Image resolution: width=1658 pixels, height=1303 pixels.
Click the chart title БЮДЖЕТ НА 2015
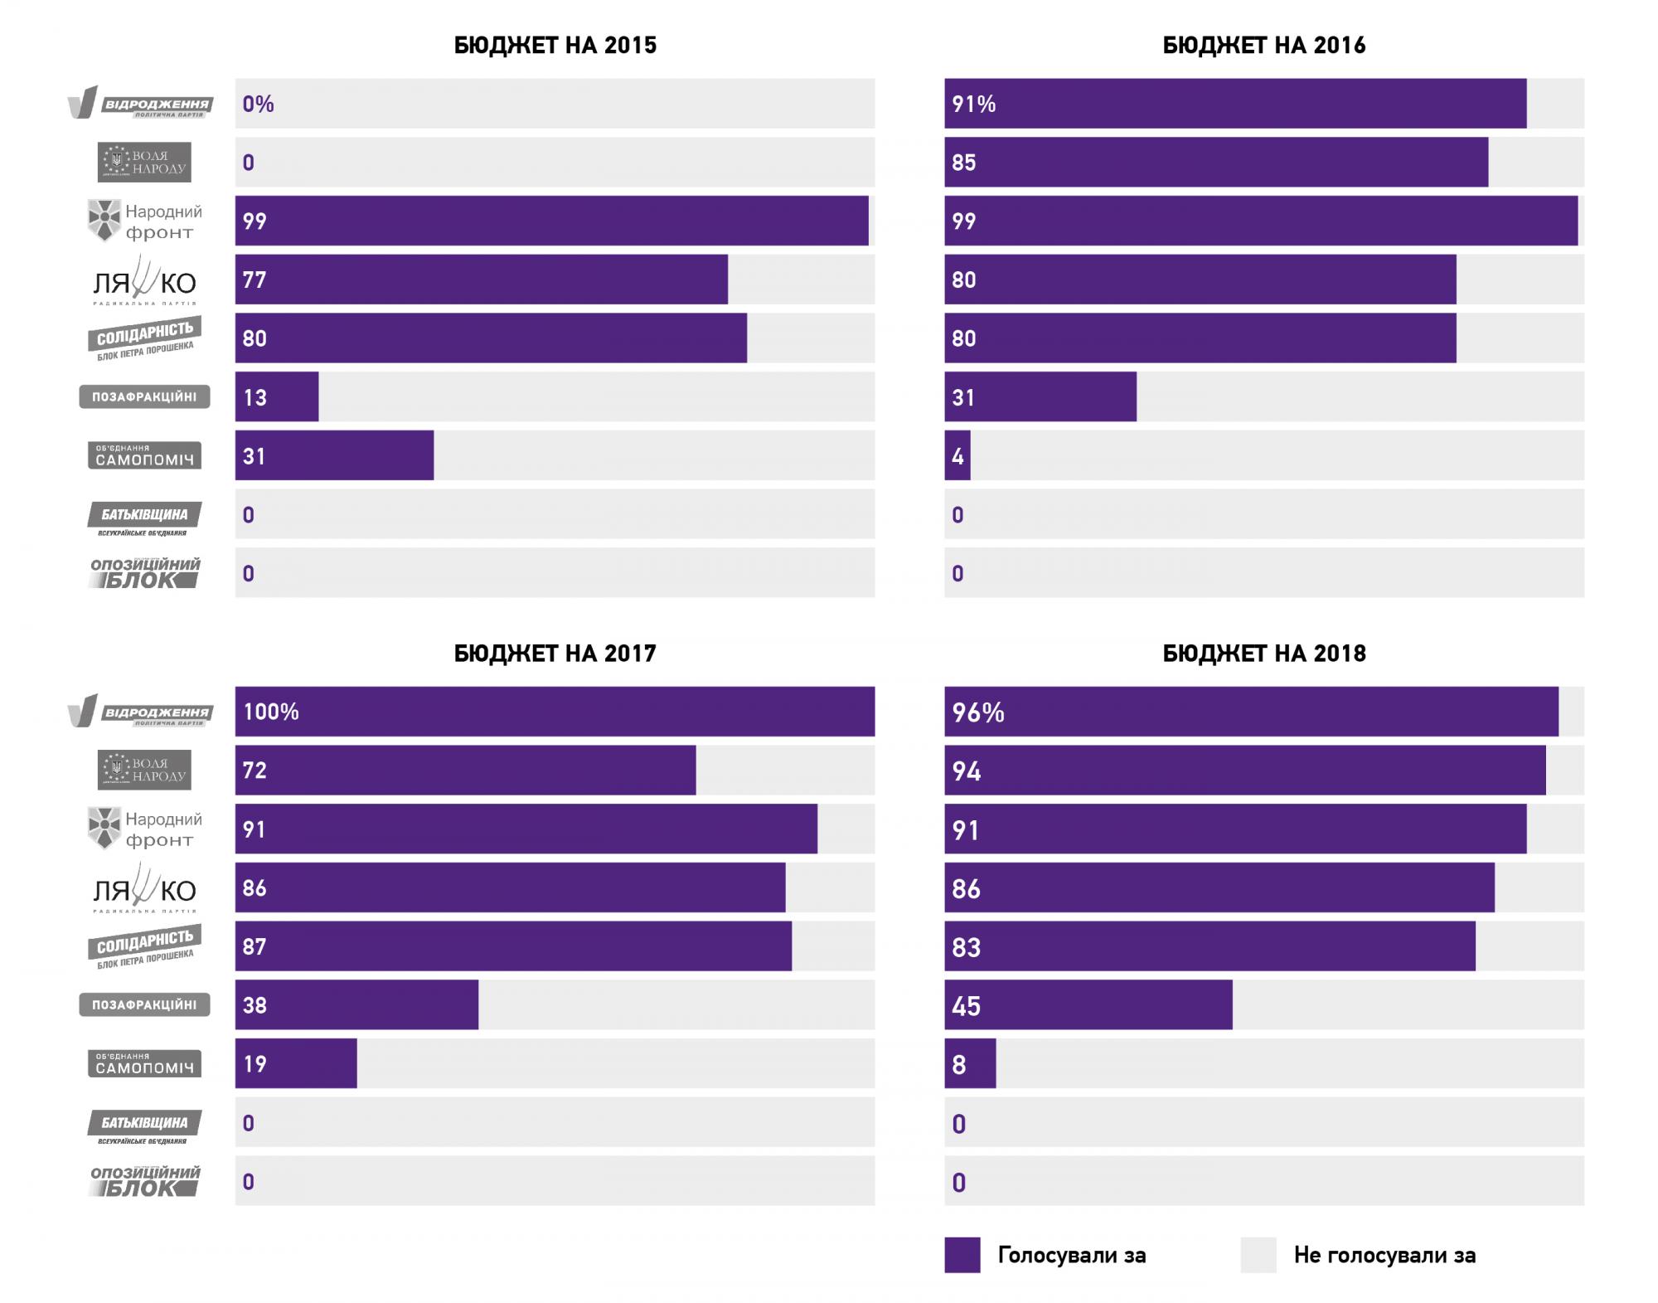555,45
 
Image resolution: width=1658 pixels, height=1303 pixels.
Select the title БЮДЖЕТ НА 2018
1263,654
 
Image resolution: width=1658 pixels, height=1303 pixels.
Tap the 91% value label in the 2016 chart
974,105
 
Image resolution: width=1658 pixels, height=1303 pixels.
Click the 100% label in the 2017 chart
271,712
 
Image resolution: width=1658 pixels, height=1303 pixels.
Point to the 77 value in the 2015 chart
255,280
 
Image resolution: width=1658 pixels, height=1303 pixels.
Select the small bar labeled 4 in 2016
957,455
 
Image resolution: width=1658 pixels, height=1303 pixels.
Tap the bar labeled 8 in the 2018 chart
970,1063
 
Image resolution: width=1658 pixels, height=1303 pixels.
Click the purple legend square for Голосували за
962,1255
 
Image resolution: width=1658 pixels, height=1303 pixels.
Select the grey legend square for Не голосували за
1258,1255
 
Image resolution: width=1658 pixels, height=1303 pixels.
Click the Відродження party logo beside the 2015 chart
140,104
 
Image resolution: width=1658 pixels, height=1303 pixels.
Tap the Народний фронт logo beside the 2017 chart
145,829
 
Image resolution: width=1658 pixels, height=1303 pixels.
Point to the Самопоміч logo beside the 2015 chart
144,455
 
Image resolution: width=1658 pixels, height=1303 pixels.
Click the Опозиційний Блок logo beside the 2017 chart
145,1180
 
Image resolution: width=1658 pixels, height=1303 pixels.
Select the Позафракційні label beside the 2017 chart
144,1004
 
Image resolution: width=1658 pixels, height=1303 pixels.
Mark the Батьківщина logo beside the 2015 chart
144,518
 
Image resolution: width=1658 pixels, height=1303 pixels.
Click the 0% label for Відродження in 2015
258,105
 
